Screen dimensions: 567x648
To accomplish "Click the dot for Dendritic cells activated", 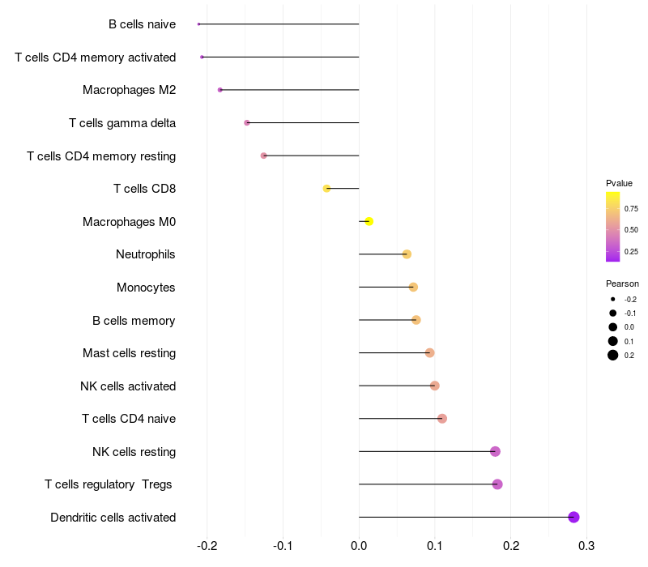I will point(573,518).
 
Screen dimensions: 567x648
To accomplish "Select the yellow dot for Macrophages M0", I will point(369,221).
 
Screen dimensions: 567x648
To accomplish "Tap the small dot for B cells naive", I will point(198,24).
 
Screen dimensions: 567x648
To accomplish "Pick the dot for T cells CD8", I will point(326,189).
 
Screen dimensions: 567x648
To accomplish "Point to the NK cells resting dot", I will point(495,452).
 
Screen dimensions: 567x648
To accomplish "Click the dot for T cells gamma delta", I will point(247,123).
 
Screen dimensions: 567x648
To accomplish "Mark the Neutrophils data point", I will point(407,254).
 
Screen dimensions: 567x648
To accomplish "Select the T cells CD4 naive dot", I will point(441,419).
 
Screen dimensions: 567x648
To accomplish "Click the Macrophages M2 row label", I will point(129,90).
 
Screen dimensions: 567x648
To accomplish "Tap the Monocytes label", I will point(146,288).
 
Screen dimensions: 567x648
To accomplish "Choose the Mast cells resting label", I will point(129,353).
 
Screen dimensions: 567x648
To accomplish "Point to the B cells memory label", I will point(134,321).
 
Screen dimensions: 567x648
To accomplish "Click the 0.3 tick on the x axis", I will point(586,545).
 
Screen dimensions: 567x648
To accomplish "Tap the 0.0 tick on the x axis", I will point(359,545).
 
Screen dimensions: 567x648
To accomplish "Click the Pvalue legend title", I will point(619,183).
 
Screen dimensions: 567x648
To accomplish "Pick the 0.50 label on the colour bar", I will point(631,230).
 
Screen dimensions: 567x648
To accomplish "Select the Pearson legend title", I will point(622,283).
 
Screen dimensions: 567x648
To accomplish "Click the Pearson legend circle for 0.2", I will point(613,355).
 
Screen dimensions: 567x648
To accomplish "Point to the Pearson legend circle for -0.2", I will point(613,299).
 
